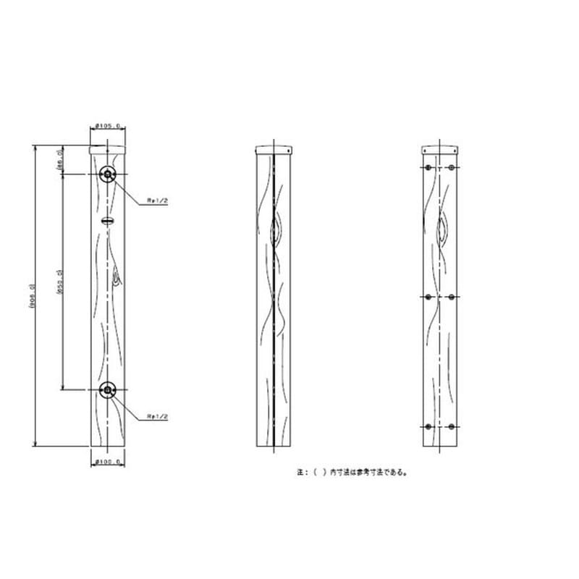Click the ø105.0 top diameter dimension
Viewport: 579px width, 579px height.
click(109, 126)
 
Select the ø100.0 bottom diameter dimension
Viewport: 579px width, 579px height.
click(109, 460)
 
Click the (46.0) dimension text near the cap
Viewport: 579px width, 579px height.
click(59, 160)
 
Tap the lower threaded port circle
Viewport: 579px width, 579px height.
click(108, 390)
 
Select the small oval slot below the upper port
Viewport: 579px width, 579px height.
click(108, 219)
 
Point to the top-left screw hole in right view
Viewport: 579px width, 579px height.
click(428, 167)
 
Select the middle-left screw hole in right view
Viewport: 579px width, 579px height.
click(428, 297)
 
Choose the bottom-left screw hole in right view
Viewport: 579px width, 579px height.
click(428, 426)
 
